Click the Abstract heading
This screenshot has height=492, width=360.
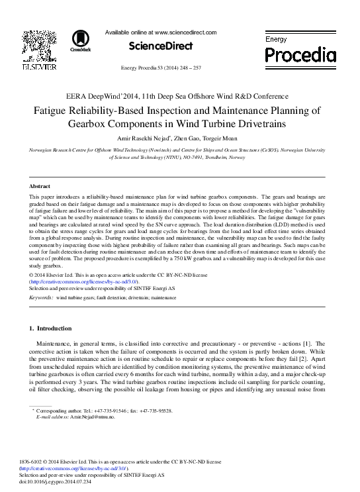coord(40,187)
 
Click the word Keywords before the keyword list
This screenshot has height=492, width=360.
coord(42,298)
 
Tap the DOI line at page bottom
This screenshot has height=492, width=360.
coord(65,482)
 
